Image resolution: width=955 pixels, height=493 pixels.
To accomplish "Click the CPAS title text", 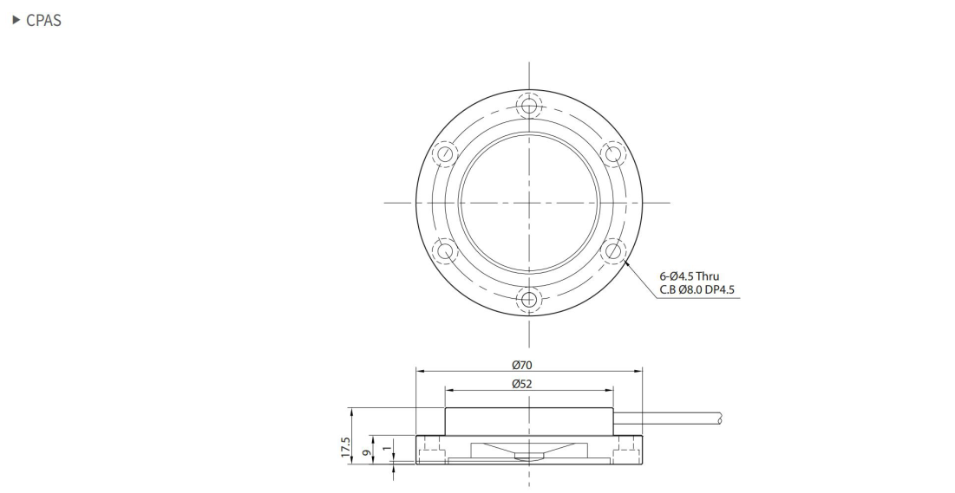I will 44,20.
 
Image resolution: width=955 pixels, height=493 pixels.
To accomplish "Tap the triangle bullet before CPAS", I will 14,20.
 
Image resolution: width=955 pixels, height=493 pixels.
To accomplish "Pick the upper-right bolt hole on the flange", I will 612,155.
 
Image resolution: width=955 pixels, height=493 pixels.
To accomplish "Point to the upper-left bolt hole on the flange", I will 445,155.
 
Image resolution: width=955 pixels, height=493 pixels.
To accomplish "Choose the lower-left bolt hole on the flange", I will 445,252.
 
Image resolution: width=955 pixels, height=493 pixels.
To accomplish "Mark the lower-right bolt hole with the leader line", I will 612,252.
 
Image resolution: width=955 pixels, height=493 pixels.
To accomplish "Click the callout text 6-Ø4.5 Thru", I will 690,276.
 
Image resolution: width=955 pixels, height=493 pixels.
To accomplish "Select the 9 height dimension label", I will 368,451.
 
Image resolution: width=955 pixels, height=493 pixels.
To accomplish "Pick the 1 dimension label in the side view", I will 388,449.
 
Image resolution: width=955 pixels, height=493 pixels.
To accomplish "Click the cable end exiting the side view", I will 718,418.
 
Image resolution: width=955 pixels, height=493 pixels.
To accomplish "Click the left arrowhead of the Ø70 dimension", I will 420,372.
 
